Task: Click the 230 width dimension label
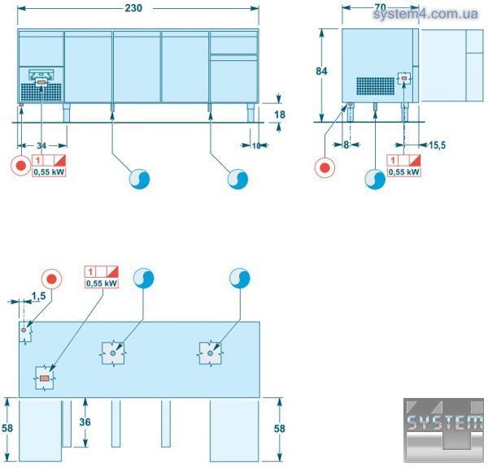click(x=133, y=8)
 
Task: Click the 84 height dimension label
click(x=321, y=71)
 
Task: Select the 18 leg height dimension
click(x=280, y=115)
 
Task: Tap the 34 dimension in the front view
click(x=41, y=145)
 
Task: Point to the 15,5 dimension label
click(x=437, y=145)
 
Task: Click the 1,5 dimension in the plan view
click(x=38, y=296)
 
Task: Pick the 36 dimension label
click(x=85, y=422)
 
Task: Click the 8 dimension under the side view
click(x=346, y=145)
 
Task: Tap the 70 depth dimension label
click(x=381, y=7)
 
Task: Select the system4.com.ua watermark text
click(x=425, y=14)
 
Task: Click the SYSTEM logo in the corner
click(x=444, y=430)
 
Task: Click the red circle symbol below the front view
click(x=21, y=166)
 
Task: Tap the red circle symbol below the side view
click(x=325, y=168)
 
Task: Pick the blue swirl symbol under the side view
click(x=375, y=179)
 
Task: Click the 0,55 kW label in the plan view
click(x=102, y=283)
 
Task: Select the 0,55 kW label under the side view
click(x=404, y=172)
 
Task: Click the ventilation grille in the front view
click(x=41, y=93)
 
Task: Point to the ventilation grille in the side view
click(x=375, y=86)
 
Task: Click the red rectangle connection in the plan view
click(x=45, y=378)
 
